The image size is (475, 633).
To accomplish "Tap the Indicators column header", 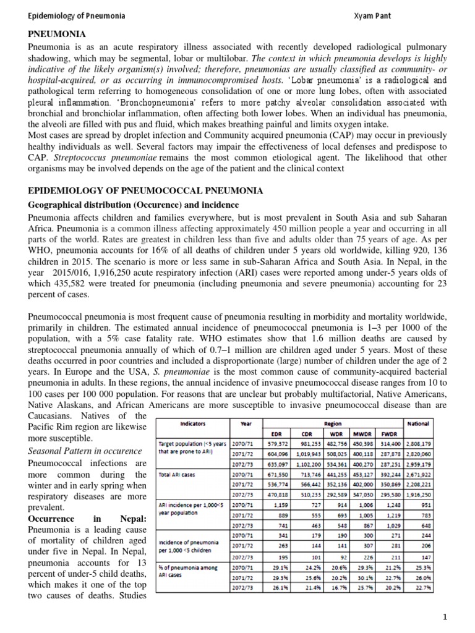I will (193, 424).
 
